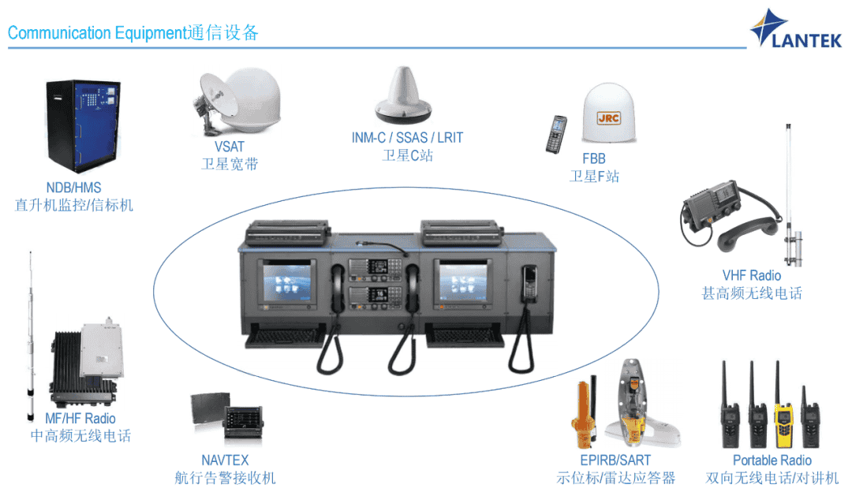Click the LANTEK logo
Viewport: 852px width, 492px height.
tap(795, 29)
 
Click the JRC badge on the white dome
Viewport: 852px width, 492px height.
tap(608, 117)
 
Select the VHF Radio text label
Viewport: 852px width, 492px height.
tap(752, 275)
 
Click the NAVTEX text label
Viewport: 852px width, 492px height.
tap(225, 460)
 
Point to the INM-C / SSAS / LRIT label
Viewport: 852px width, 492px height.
tap(407, 138)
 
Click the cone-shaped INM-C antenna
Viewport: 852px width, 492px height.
tap(403, 95)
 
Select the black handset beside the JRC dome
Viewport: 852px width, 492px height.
tap(556, 134)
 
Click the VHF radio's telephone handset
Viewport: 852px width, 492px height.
tap(749, 231)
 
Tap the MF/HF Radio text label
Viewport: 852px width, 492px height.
tap(80, 418)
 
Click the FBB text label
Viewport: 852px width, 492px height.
tap(594, 158)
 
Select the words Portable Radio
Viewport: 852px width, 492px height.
tap(772, 460)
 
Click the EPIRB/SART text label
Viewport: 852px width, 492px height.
tap(615, 460)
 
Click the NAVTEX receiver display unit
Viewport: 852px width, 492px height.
tap(244, 422)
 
